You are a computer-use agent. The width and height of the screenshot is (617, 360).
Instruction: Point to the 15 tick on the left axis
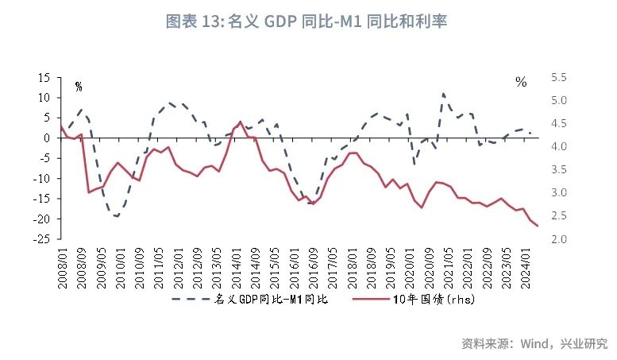[44, 78]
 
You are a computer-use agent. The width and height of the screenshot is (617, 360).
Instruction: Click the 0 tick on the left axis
[48, 138]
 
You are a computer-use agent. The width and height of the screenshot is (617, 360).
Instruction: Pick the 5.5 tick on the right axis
[559, 78]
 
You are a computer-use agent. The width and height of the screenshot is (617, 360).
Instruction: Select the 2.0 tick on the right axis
[559, 239]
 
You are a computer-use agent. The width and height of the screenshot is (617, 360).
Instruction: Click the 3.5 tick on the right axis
[559, 170]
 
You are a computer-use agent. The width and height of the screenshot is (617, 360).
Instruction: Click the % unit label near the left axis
[78, 86]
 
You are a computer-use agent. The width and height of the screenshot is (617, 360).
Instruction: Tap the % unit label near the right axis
[521, 82]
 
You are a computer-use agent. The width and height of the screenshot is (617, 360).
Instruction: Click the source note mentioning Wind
[534, 343]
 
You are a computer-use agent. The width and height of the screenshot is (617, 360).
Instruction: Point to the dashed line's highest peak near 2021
[443, 94]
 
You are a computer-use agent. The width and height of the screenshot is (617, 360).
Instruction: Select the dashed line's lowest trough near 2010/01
[117, 216]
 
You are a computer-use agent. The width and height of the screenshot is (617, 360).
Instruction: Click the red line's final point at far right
[538, 226]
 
